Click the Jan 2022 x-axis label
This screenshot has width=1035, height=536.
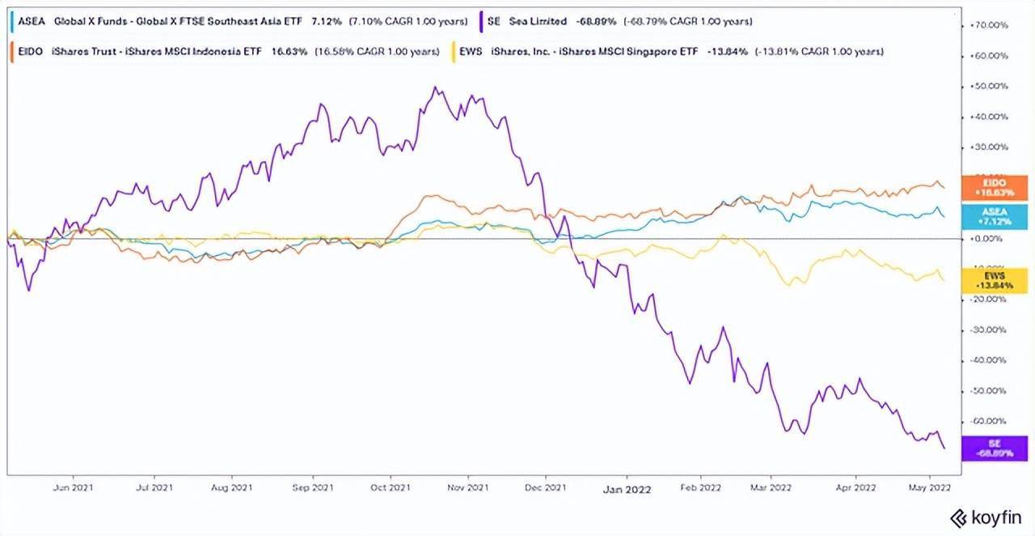point(627,488)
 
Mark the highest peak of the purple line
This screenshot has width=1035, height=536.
point(437,87)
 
